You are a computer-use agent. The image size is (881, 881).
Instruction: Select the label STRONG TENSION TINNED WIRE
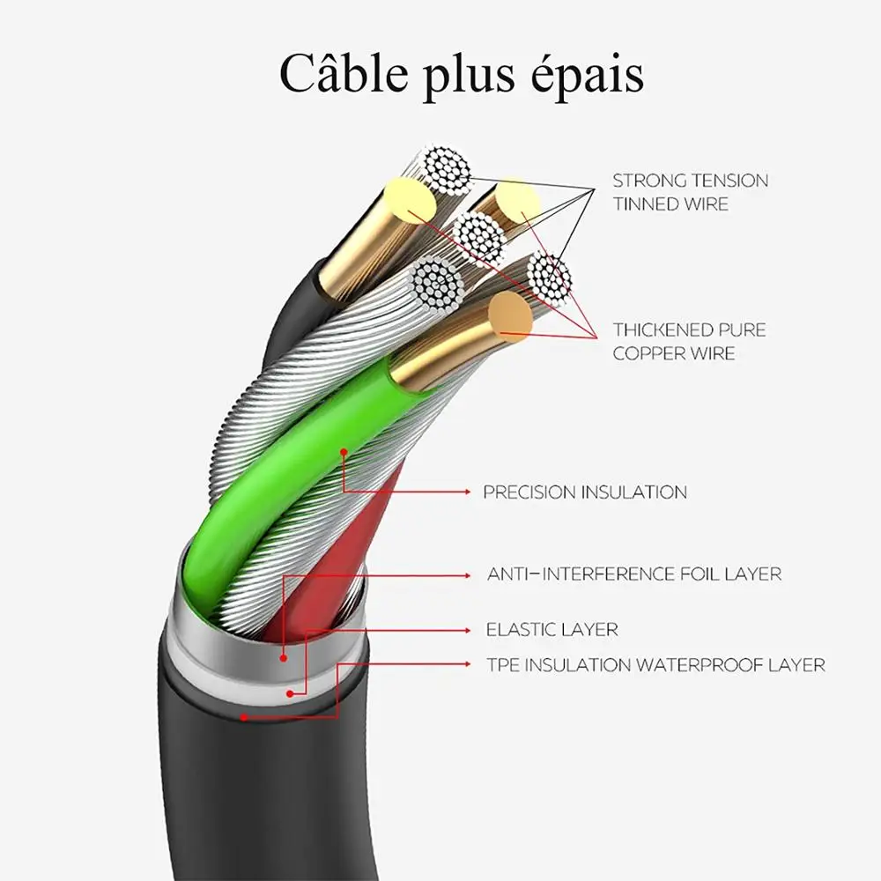point(690,192)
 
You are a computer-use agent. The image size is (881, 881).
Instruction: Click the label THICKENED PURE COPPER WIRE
point(690,342)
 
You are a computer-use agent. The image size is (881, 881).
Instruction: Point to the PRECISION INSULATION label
point(584,492)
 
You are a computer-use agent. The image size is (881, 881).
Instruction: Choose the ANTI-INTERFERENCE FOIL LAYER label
point(634,574)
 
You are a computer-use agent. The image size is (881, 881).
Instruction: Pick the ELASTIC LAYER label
point(552,630)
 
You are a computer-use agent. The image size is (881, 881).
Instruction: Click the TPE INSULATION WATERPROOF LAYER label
point(655,665)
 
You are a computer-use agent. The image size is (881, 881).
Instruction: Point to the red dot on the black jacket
point(244,717)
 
